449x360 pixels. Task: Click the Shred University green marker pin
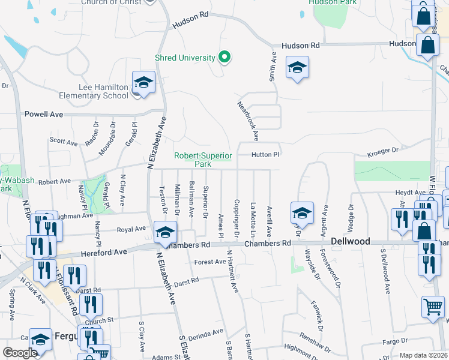click(x=224, y=58)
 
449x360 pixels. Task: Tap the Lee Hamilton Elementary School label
click(x=94, y=91)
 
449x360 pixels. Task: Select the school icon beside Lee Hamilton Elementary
click(x=143, y=83)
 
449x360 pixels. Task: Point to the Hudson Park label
click(x=333, y=2)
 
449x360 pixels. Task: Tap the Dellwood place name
click(x=349, y=243)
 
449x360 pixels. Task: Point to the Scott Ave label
click(x=64, y=142)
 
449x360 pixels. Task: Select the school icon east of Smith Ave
click(x=297, y=68)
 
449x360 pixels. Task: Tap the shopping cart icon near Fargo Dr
click(x=433, y=308)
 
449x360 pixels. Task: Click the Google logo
click(x=19, y=353)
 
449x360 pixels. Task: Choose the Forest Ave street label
click(x=209, y=262)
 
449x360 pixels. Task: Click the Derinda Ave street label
click(x=208, y=331)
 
